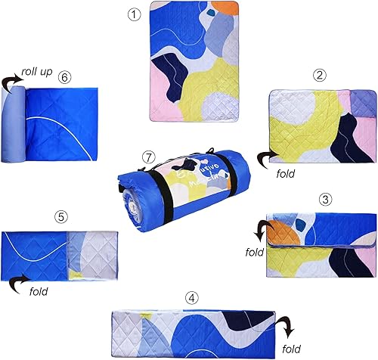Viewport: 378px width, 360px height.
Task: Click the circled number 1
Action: pyautogui.click(x=135, y=14)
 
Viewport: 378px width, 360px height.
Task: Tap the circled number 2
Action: pyautogui.click(x=320, y=74)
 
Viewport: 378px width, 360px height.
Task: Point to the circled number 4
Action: pyautogui.click(x=192, y=297)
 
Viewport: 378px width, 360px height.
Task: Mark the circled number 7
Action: pyautogui.click(x=148, y=157)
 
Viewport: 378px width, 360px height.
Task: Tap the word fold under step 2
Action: pyautogui.click(x=284, y=172)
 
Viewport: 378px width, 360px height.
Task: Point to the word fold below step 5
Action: pyautogui.click(x=39, y=289)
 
